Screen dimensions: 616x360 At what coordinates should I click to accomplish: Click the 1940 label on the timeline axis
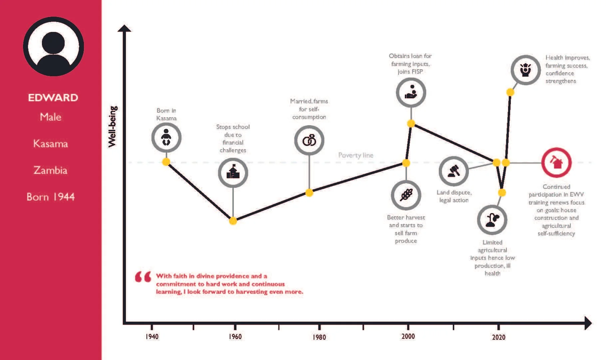coord(152,336)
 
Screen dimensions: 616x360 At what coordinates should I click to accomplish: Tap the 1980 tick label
coord(319,337)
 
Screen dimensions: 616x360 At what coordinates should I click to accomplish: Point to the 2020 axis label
coord(498,337)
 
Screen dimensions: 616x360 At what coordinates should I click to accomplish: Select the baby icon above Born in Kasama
coord(166,137)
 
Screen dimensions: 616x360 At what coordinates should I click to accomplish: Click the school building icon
coord(233,173)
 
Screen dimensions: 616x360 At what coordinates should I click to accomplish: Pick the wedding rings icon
coord(309,140)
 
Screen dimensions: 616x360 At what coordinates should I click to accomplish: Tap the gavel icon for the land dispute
coord(454,171)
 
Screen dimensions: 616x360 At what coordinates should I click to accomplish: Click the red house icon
coord(556,163)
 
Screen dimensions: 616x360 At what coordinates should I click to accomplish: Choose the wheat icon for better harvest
coord(406,195)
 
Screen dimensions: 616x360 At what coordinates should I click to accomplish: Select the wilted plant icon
coord(492,220)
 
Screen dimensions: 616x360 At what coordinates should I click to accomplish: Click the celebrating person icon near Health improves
coord(525,70)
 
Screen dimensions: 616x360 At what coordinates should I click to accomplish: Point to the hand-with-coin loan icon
coord(411,92)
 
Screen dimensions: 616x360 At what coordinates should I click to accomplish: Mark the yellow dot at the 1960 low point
coord(233,220)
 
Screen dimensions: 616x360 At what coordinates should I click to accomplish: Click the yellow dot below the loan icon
coord(411,124)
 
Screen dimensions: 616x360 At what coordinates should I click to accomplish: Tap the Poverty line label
coord(356,155)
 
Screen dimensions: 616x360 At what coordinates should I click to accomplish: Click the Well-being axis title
coord(113,127)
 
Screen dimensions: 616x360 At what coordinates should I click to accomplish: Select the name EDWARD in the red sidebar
coord(53,98)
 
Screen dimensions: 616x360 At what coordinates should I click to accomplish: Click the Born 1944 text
coord(51,197)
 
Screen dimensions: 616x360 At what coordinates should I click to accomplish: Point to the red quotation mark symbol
coord(143,277)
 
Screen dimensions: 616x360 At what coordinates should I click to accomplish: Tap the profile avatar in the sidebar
coord(53,47)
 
